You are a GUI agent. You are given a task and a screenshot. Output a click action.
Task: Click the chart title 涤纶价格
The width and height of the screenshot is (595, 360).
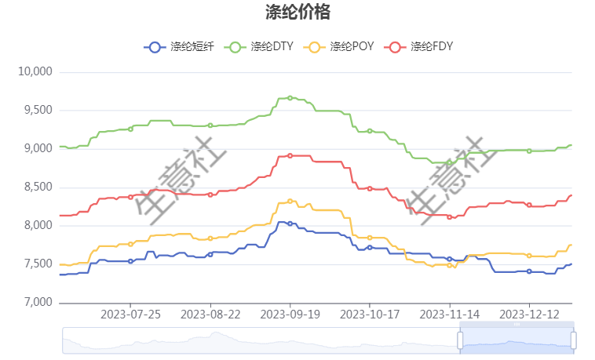(x=297, y=12)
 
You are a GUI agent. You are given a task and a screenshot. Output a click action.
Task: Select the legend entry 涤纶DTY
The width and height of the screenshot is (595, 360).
(x=259, y=47)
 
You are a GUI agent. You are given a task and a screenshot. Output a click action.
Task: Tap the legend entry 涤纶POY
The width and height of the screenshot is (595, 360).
(x=340, y=47)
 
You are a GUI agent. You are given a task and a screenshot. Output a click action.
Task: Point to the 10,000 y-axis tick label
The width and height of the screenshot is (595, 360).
(x=35, y=72)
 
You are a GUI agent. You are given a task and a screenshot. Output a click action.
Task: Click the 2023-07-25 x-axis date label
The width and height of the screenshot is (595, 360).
(x=130, y=314)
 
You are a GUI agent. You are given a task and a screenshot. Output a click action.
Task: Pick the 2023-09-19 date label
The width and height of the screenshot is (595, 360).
(x=290, y=314)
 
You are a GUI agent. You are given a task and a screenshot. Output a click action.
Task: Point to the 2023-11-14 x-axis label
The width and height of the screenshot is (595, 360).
(x=450, y=314)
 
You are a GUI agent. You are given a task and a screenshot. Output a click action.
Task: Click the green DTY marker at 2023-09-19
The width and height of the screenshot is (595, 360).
(x=290, y=98)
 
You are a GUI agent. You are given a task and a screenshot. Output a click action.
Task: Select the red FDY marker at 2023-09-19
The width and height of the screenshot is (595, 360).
(x=290, y=156)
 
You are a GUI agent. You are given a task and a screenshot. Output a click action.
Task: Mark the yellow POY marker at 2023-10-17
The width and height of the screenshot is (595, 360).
(x=370, y=238)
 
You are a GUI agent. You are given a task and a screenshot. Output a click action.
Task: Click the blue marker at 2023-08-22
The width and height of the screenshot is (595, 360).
(x=210, y=254)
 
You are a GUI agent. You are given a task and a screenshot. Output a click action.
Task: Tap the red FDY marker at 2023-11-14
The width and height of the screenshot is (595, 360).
(x=450, y=217)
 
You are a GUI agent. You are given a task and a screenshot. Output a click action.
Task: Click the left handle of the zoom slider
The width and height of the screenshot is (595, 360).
(x=460, y=340)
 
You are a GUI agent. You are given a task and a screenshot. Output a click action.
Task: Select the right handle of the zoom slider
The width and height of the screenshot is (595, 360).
(x=574, y=340)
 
